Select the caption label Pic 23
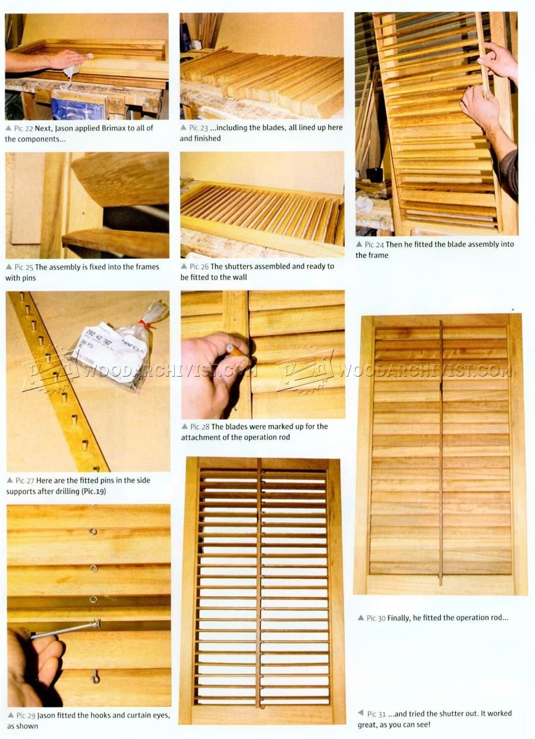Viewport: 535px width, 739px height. pos(199,128)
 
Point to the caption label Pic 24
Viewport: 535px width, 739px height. pos(374,245)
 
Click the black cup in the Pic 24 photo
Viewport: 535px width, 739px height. pos(374,174)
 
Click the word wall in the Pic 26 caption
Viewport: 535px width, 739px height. pos(240,277)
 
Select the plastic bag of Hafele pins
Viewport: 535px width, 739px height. pos(115,349)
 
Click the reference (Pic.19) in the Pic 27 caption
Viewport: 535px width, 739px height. pos(93,491)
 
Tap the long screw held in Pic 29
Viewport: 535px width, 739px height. pos(65,629)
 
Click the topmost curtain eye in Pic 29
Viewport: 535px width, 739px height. pos(93,531)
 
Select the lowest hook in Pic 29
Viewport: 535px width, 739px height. pos(95,677)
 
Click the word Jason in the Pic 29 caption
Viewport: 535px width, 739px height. pos(46,715)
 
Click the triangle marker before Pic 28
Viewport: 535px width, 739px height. pos(184,426)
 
